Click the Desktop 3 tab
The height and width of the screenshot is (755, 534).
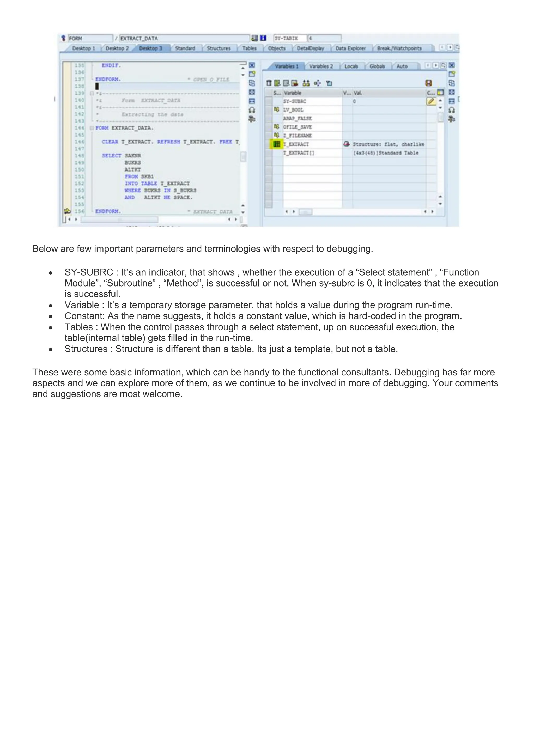151,48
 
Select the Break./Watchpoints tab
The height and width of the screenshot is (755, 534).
399,48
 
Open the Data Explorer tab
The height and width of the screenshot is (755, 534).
350,48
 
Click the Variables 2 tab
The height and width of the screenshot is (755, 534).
321,66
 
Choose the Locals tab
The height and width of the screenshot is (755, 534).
351,66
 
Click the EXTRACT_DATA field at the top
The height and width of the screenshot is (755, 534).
184,39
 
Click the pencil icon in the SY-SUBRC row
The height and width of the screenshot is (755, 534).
431,101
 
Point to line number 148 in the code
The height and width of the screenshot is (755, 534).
79,156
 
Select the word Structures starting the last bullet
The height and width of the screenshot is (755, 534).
86,349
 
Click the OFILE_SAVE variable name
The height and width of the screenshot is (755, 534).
297,127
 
